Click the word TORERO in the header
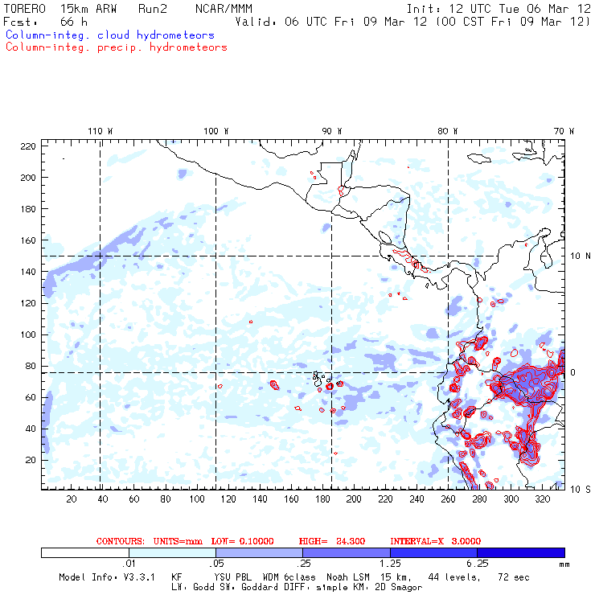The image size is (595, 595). point(24,8)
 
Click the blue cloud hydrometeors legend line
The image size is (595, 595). point(109,35)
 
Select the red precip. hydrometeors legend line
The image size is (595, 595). point(116,47)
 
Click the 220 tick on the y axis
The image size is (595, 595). point(28,146)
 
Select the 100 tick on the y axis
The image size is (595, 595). point(28,334)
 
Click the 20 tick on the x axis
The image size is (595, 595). point(71,499)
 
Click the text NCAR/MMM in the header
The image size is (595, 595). point(224,8)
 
